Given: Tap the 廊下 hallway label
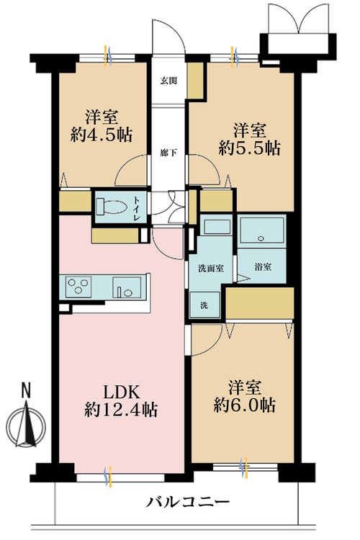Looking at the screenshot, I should pos(168,152).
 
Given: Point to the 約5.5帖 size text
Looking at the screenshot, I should pos(249,149).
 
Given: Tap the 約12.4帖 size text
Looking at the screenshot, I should pos(120,410).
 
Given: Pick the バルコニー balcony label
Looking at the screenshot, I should pos(189,502).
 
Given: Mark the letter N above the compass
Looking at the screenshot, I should pos(27,391).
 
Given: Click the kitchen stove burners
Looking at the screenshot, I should pos(77,287).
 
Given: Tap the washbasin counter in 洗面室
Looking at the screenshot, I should pos(214,228).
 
